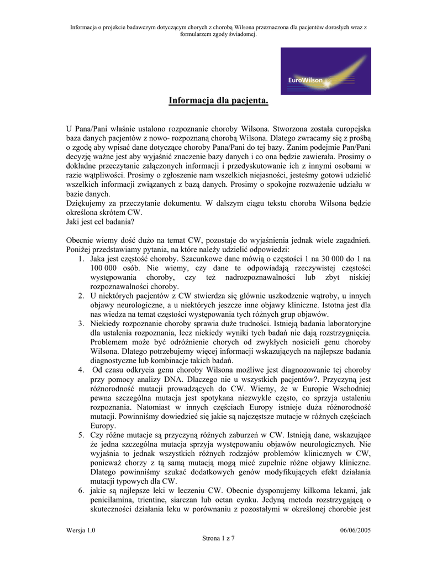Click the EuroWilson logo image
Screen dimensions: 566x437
(325, 71)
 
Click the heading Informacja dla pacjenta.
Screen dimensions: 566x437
(218, 101)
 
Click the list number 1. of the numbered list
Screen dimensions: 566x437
(81, 258)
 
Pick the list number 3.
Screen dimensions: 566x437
(81, 323)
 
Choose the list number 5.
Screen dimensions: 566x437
(81, 436)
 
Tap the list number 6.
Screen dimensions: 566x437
(81, 491)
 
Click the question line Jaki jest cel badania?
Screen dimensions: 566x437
(100, 222)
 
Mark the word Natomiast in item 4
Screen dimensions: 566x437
(149, 407)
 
